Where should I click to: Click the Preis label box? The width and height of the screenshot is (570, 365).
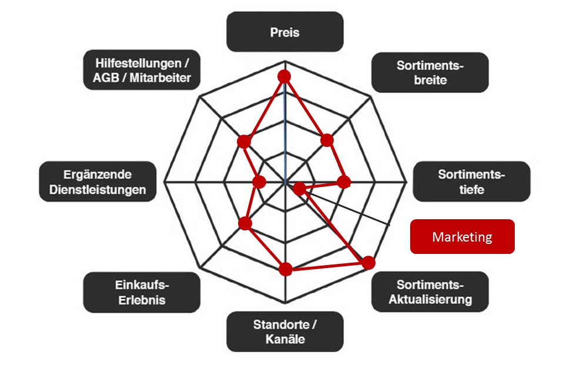point(285,32)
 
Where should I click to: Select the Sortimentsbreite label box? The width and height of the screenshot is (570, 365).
point(430,73)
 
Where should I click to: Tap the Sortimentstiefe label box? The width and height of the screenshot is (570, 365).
point(471,182)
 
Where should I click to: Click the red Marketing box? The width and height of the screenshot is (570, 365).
point(462,237)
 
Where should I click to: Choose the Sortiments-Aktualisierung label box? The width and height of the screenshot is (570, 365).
point(430,292)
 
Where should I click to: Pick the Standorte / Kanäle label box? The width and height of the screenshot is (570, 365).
point(285,331)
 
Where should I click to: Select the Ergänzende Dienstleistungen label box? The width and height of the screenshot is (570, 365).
point(98,182)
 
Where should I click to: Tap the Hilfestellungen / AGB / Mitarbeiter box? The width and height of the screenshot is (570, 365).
point(141,70)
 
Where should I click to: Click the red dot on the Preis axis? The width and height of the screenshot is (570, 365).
point(285,76)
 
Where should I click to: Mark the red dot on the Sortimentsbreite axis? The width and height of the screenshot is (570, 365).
point(327,140)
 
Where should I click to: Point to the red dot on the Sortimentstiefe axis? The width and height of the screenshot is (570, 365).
point(344,182)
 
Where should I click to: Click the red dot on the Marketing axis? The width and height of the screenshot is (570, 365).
point(300,189)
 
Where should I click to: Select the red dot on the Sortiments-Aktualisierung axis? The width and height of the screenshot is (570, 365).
point(368,263)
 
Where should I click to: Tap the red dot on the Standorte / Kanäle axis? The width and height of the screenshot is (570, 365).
point(286,269)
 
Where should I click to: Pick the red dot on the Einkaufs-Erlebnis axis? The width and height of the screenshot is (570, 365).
point(245,223)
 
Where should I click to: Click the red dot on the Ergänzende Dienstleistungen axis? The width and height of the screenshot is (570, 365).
point(259,182)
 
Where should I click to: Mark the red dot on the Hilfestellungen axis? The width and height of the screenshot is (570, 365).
point(244,142)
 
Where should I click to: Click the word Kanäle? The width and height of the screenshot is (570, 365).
point(285,339)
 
